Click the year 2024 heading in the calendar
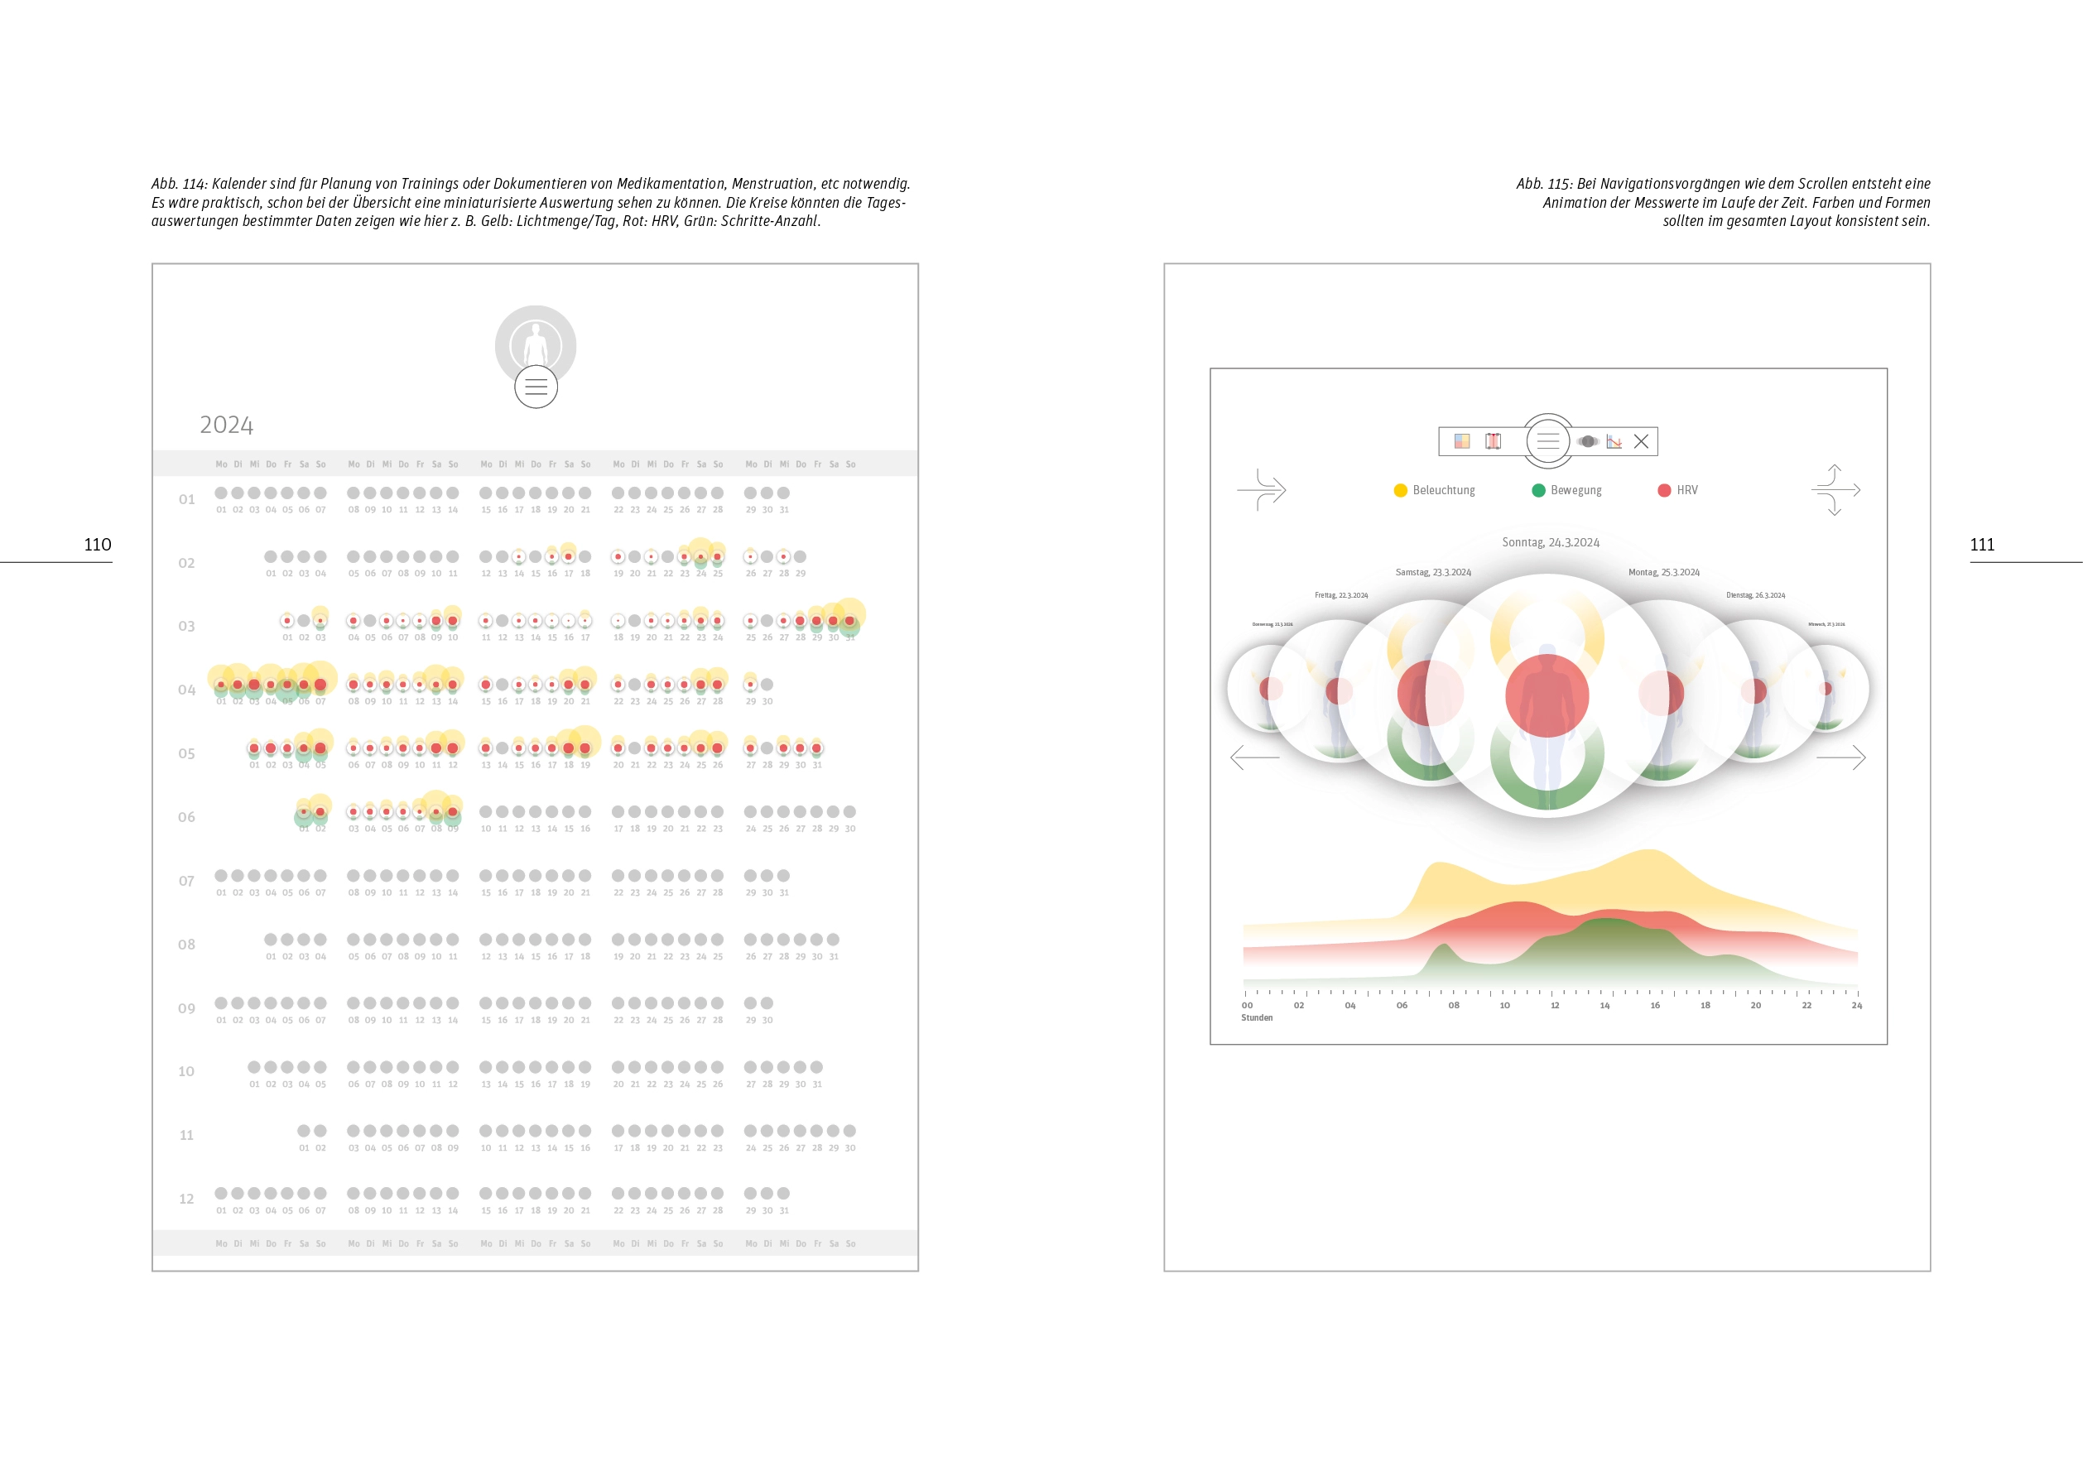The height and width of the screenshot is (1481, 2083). [x=226, y=425]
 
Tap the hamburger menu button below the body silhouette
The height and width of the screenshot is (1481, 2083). [x=536, y=387]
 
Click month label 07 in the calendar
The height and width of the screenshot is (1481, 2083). [x=186, y=881]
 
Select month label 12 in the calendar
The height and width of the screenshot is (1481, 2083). [x=186, y=1199]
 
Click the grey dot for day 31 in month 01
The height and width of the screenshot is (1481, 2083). [x=783, y=493]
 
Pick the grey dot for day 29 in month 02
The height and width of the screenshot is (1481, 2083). [x=800, y=557]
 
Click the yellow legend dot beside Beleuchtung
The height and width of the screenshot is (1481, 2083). [x=1400, y=491]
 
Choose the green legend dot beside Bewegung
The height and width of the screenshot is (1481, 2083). [x=1537, y=491]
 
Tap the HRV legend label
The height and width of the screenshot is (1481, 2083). [x=1686, y=491]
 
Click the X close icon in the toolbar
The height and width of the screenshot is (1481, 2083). [x=1641, y=441]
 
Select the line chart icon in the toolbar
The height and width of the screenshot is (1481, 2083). [x=1614, y=441]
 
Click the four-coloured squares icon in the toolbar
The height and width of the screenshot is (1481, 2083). [x=1462, y=441]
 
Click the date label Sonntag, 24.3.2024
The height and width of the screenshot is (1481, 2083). [x=1551, y=542]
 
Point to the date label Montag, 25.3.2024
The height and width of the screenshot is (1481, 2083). [x=1663, y=573]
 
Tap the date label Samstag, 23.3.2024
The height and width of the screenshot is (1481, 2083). [x=1433, y=573]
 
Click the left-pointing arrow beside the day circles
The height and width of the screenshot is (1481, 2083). [x=1254, y=757]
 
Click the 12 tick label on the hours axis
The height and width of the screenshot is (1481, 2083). [x=1554, y=1006]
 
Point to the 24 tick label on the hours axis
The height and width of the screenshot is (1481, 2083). [x=1856, y=1006]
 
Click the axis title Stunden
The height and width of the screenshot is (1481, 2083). [x=1256, y=1017]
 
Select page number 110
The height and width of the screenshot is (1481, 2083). [x=98, y=545]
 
